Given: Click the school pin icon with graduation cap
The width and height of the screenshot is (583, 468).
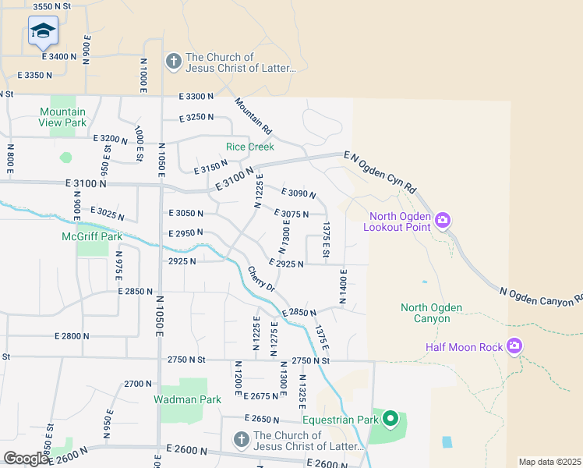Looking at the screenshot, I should coord(43,32).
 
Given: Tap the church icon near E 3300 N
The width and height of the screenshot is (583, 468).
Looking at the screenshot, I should coord(173,61).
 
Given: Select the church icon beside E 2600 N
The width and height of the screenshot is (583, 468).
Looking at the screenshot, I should coord(242,441).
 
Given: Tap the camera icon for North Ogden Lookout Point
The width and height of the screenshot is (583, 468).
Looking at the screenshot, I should coord(443,221).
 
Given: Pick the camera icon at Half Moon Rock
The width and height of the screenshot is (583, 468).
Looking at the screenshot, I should coord(514,346).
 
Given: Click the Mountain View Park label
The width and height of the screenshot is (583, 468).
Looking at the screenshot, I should coord(63,117).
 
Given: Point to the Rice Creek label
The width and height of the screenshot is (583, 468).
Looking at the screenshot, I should coord(249,146).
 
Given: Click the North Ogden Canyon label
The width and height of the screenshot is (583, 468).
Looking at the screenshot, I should coord(426,313).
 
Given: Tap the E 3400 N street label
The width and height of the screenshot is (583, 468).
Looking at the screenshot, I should coord(59,56).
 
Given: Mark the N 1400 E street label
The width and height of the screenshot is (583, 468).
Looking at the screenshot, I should coord(342,285).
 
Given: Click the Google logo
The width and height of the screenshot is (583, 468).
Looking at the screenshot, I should coord(26,459).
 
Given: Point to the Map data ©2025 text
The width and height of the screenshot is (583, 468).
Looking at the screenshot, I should coord(549,462).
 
